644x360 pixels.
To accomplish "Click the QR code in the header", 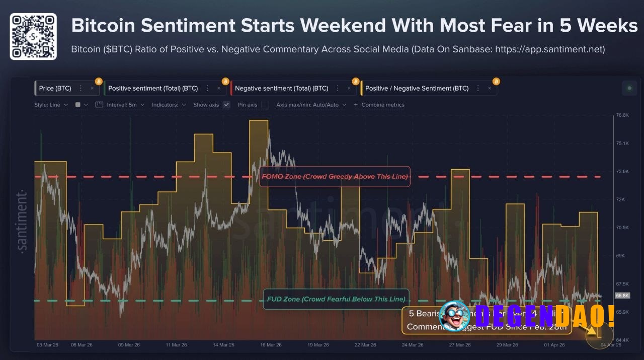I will (33, 36).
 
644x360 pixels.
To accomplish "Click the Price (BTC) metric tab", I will (55, 88).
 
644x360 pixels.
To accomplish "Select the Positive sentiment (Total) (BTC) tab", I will (153, 88).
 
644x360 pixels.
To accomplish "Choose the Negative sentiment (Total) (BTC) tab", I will (281, 88).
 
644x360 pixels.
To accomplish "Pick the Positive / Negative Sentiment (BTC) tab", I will (417, 88).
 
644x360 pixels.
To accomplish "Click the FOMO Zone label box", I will (335, 176).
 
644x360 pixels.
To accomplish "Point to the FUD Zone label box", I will (336, 299).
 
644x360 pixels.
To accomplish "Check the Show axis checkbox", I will (226, 105).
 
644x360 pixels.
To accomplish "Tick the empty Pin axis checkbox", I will (265, 105).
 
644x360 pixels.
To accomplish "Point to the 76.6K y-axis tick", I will (622, 115).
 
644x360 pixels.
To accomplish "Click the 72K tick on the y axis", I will (620, 199).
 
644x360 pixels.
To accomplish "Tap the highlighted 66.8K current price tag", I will (622, 296).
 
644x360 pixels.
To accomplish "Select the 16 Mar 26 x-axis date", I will (271, 345).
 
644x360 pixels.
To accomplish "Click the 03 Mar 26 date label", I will (47, 345).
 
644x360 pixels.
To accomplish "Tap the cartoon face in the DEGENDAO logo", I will (454, 316).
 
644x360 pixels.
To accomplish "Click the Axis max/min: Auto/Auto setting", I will (311, 105).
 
